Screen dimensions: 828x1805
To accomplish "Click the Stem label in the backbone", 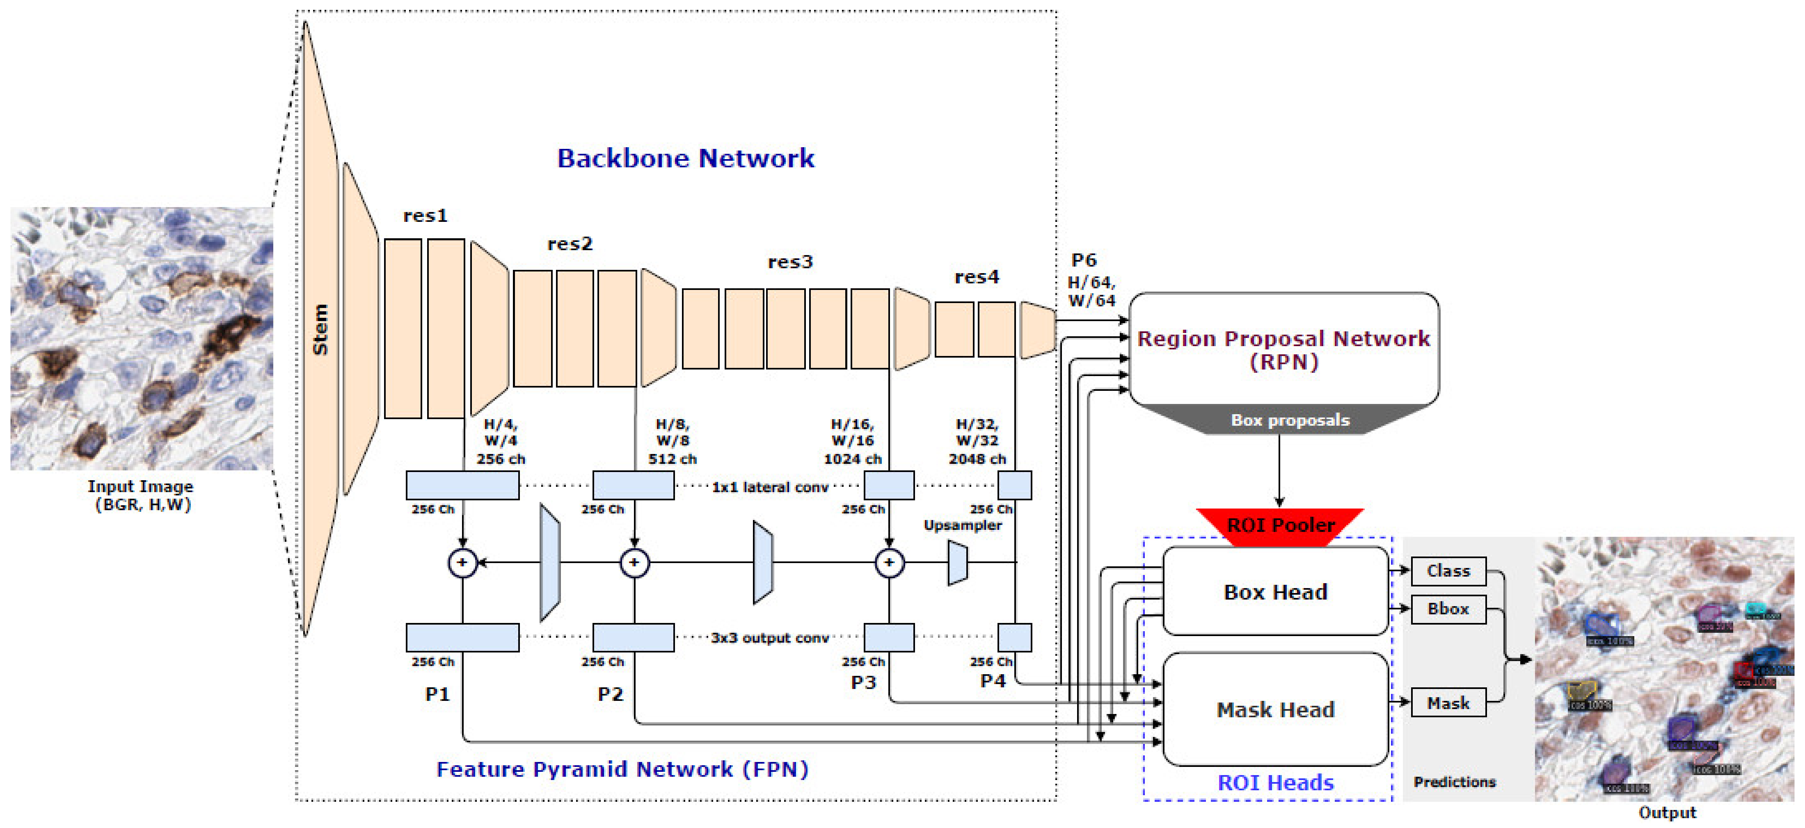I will tap(320, 329).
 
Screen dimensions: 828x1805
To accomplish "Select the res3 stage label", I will tap(790, 262).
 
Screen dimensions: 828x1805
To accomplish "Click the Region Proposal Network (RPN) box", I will tap(1283, 349).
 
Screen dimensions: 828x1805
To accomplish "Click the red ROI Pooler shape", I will tap(1280, 524).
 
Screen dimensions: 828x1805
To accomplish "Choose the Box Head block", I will tap(1275, 592).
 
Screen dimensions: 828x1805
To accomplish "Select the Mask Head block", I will tap(1275, 709).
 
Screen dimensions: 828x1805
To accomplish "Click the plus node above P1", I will tap(462, 563).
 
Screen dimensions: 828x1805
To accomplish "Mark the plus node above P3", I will tap(889, 563).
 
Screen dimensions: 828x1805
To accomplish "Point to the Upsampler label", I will tap(962, 525).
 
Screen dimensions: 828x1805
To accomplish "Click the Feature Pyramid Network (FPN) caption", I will tap(622, 769).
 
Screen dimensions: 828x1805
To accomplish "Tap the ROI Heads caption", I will tap(1275, 782).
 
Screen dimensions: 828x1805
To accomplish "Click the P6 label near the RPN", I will tap(1083, 260).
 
